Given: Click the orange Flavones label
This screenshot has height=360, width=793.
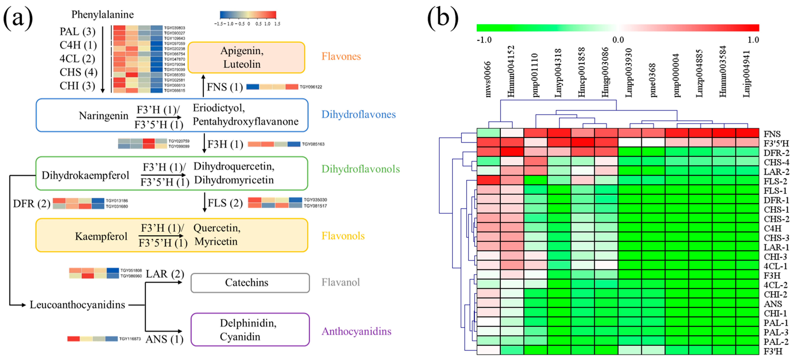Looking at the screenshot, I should tap(341, 56).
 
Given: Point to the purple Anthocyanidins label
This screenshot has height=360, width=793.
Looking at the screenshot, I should tap(356, 331).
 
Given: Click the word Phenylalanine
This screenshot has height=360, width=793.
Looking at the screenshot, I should tap(103, 15).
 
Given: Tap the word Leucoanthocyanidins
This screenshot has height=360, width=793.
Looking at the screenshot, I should tap(77, 305).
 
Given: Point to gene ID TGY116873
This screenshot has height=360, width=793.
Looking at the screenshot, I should tap(130, 339).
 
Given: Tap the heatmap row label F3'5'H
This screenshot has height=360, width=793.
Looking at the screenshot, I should tap(776, 143).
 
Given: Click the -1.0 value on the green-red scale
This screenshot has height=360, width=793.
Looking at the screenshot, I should tap(484, 40).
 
